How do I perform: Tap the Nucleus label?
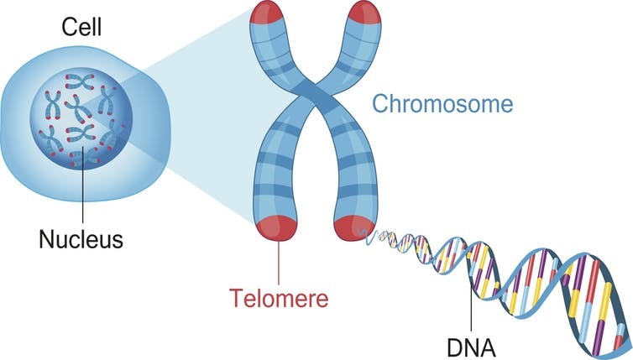click(81, 239)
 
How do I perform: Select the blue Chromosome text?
click(442, 106)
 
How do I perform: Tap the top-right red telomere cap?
click(366, 13)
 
